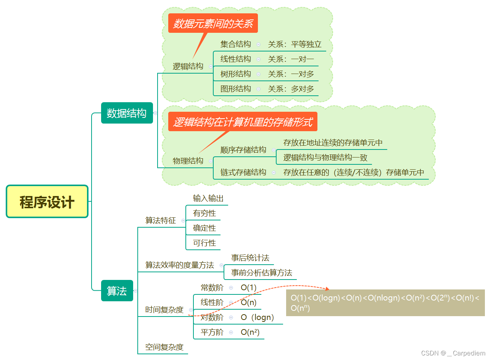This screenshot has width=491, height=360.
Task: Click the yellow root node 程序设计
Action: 47,201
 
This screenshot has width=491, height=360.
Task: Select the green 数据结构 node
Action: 127,113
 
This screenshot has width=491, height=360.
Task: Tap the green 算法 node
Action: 117,291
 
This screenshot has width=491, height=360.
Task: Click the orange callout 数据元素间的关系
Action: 213,24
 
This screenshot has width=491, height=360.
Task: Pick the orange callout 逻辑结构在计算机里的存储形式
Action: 243,122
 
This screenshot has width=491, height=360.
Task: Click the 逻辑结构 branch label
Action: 188,66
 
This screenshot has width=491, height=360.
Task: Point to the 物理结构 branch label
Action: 188,161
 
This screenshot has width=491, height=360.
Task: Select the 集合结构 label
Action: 235,44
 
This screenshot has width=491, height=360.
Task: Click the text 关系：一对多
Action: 291,74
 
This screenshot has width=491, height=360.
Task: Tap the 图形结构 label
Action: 235,89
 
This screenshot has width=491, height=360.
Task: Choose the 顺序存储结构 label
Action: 243,150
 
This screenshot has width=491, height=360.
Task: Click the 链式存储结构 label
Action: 243,172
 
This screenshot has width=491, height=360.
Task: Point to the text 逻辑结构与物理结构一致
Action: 325,157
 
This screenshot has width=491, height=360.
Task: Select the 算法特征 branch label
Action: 160,220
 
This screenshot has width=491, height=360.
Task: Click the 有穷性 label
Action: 204,213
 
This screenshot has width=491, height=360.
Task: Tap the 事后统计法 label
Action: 250,258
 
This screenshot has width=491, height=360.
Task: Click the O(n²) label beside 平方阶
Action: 250,332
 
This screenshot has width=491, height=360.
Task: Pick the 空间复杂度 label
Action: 164,347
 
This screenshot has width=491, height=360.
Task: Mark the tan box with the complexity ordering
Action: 385,303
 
